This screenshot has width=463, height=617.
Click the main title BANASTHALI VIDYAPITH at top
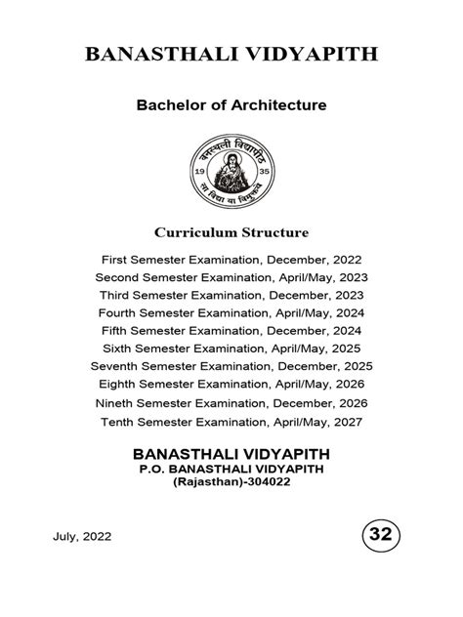click(x=231, y=54)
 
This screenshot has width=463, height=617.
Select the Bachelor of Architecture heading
click(x=231, y=104)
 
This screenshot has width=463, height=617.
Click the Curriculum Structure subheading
click(x=231, y=233)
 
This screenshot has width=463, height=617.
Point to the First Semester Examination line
click(x=231, y=260)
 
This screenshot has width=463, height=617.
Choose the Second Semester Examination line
click(x=231, y=277)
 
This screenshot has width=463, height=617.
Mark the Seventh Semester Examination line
click(x=231, y=367)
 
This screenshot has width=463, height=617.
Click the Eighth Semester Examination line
click(x=231, y=385)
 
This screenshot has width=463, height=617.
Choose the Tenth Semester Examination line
click(x=231, y=422)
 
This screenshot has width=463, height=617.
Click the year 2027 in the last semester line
click(x=346, y=422)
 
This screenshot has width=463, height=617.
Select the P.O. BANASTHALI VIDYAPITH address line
click(x=231, y=471)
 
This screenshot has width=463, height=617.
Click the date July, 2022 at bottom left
click(x=78, y=536)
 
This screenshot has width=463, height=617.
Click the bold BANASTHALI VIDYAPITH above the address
click(x=231, y=454)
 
